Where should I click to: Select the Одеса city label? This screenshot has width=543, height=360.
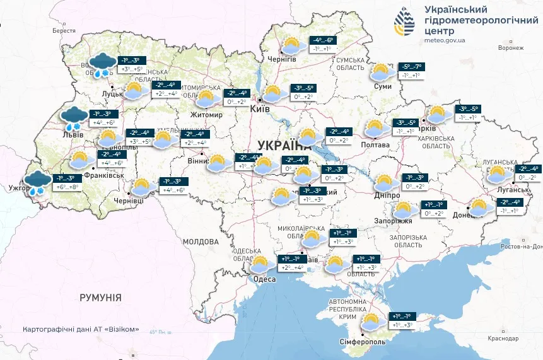(x=264, y=279)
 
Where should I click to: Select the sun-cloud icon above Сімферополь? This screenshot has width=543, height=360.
(x=372, y=322)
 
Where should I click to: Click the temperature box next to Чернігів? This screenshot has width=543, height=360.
(x=322, y=44)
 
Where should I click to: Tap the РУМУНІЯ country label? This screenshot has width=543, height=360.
(x=100, y=297)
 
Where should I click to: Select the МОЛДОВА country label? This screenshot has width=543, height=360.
(x=200, y=241)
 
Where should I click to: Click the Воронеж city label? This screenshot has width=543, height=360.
(x=510, y=47)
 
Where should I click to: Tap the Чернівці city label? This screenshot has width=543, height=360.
(x=128, y=200)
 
